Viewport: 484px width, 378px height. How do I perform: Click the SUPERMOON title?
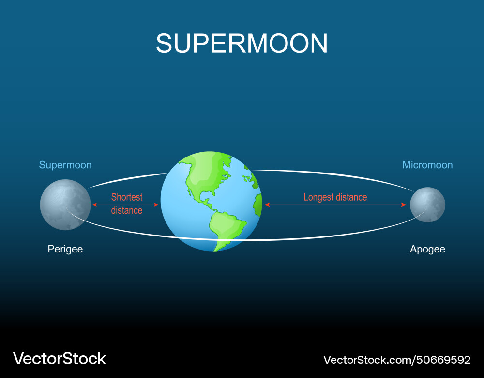point(242,44)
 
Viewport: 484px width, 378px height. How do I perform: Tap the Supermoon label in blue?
point(65,165)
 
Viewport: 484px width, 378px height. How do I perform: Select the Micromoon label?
point(427,165)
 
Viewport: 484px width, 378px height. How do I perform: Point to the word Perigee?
point(65,249)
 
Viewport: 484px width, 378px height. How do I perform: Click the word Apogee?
point(427,249)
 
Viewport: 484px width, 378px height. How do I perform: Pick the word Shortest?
point(127,197)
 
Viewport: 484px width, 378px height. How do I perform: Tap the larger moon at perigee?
point(65,205)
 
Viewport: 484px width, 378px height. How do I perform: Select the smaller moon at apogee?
point(427,205)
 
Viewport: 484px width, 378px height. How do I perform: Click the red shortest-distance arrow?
point(126,205)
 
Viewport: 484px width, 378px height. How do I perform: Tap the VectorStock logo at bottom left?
point(60,359)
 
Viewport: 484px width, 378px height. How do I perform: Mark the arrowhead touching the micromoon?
point(405,205)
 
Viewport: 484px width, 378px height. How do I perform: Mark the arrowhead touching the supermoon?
point(94,205)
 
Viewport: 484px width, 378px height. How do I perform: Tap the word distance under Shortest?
point(127,210)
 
